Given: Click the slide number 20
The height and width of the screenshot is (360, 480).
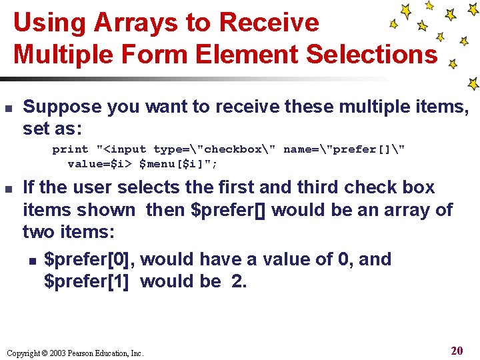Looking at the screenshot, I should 457,351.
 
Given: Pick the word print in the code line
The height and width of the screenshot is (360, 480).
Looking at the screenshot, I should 70,149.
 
